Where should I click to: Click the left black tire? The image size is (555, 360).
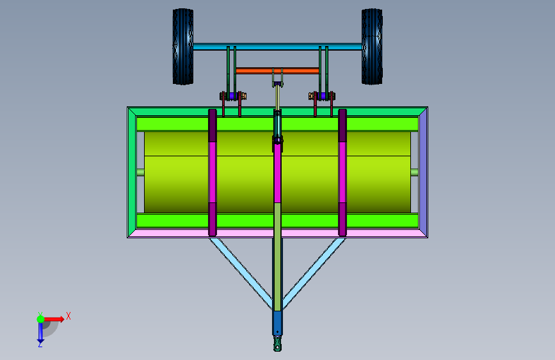click(183, 47)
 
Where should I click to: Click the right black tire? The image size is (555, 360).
click(372, 47)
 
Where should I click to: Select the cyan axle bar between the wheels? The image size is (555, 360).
click(278, 46)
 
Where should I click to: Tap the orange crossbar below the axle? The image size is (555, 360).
click(278, 71)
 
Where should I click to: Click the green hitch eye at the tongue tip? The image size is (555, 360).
click(278, 344)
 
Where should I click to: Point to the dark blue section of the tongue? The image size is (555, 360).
click(278, 323)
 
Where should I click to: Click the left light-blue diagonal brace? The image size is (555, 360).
click(241, 273)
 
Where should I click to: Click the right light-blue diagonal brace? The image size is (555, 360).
click(314, 273)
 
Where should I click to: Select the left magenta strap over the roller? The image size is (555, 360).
click(213, 172)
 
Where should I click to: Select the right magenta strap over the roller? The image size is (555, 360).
click(342, 172)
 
